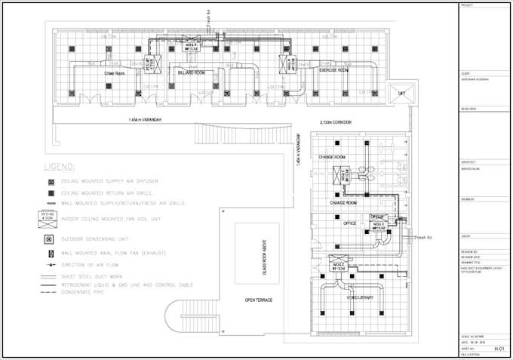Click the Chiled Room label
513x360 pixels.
coord(115,72)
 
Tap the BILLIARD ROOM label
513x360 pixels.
coord(192,72)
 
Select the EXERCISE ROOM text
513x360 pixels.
coord(333,69)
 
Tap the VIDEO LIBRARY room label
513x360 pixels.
coord(361,298)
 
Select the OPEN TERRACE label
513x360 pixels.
coord(259,300)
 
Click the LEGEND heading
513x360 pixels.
coord(59,166)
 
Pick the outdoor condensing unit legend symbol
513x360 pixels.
coord(50,239)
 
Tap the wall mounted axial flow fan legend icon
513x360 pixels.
coord(50,252)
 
